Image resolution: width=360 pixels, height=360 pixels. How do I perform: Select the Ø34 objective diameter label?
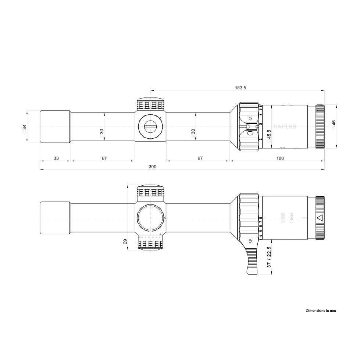pos(25,128)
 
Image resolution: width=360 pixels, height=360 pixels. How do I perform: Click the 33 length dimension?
pos(56,158)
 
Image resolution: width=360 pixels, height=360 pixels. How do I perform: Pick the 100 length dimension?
pos(280,158)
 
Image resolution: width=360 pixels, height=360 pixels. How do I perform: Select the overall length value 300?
pos(152,167)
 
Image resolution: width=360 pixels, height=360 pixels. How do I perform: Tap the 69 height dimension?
pos(125,242)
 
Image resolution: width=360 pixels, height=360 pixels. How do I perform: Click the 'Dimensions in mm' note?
pos(321,310)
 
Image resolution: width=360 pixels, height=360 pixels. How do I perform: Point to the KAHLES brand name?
pos(285,127)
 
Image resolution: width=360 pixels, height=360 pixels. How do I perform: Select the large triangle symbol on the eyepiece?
pos(320,218)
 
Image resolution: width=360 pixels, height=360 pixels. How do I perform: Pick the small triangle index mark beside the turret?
pos(165,218)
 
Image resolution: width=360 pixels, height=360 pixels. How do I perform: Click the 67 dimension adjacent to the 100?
pos(200,158)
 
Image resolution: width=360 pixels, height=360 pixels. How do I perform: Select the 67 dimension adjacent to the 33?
pos(104,158)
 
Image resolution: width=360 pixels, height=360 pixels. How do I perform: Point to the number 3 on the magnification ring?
pos(260,125)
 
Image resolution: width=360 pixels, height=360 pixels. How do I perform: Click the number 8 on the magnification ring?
pos(260,218)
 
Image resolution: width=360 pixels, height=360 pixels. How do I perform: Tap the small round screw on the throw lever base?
pos(250,241)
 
